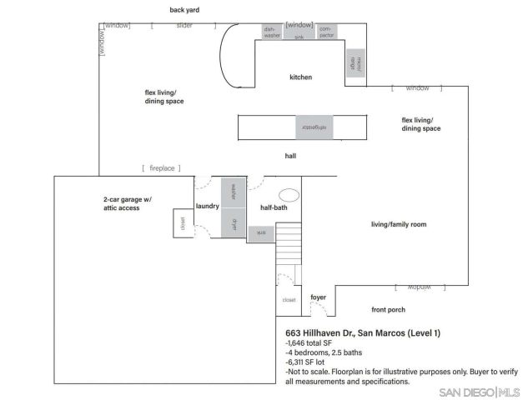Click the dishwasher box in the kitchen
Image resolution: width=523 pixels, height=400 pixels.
click(271, 32)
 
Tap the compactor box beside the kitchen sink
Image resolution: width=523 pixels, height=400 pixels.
click(326, 32)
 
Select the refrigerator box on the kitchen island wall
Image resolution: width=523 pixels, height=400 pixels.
click(308, 127)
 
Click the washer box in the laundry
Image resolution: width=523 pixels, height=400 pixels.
click(234, 191)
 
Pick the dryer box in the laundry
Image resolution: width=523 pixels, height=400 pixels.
click(234, 224)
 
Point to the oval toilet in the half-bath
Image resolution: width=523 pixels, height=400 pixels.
click(289, 195)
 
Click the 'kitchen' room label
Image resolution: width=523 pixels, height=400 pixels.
click(300, 77)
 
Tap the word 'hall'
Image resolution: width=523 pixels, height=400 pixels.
click(290, 155)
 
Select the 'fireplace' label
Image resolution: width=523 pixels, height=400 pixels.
click(162, 168)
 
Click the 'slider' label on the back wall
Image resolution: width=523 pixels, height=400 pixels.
click(184, 26)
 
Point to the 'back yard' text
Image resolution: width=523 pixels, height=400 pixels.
click(184, 10)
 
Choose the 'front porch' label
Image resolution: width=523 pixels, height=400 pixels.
click(388, 309)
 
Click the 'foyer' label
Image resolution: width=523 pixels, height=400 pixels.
click(318, 297)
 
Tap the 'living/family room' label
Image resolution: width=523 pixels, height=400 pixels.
click(399, 224)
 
